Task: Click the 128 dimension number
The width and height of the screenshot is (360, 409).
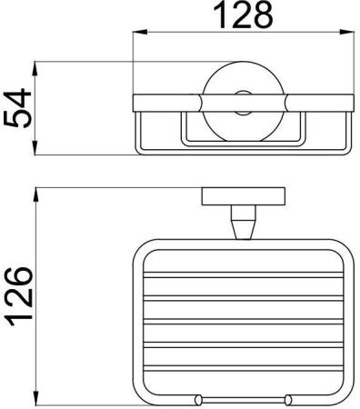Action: click(244, 15)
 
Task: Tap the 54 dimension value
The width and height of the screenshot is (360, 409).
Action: click(18, 108)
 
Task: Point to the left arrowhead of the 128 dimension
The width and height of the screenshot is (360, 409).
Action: click(140, 32)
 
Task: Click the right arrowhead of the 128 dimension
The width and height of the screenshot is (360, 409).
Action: click(346, 32)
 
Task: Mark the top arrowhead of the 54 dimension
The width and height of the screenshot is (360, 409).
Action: click(35, 69)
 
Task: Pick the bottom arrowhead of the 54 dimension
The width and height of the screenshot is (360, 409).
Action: click(35, 148)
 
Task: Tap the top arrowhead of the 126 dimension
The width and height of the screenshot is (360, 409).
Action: click(36, 195)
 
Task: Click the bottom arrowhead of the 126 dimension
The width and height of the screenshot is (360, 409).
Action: click(36, 398)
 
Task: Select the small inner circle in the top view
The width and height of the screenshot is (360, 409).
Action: click(244, 103)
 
